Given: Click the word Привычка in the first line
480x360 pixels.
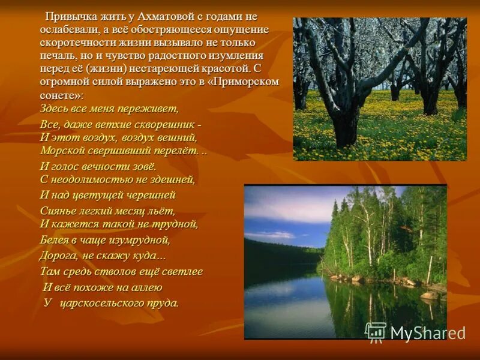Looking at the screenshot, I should pos(70,16).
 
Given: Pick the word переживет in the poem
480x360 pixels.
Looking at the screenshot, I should pos(151,109).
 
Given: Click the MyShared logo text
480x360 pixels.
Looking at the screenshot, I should pos(427,332).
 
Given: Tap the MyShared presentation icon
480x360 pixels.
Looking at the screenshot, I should pos(376,332).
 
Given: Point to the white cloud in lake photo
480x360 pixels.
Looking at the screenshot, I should pos(270,235).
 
